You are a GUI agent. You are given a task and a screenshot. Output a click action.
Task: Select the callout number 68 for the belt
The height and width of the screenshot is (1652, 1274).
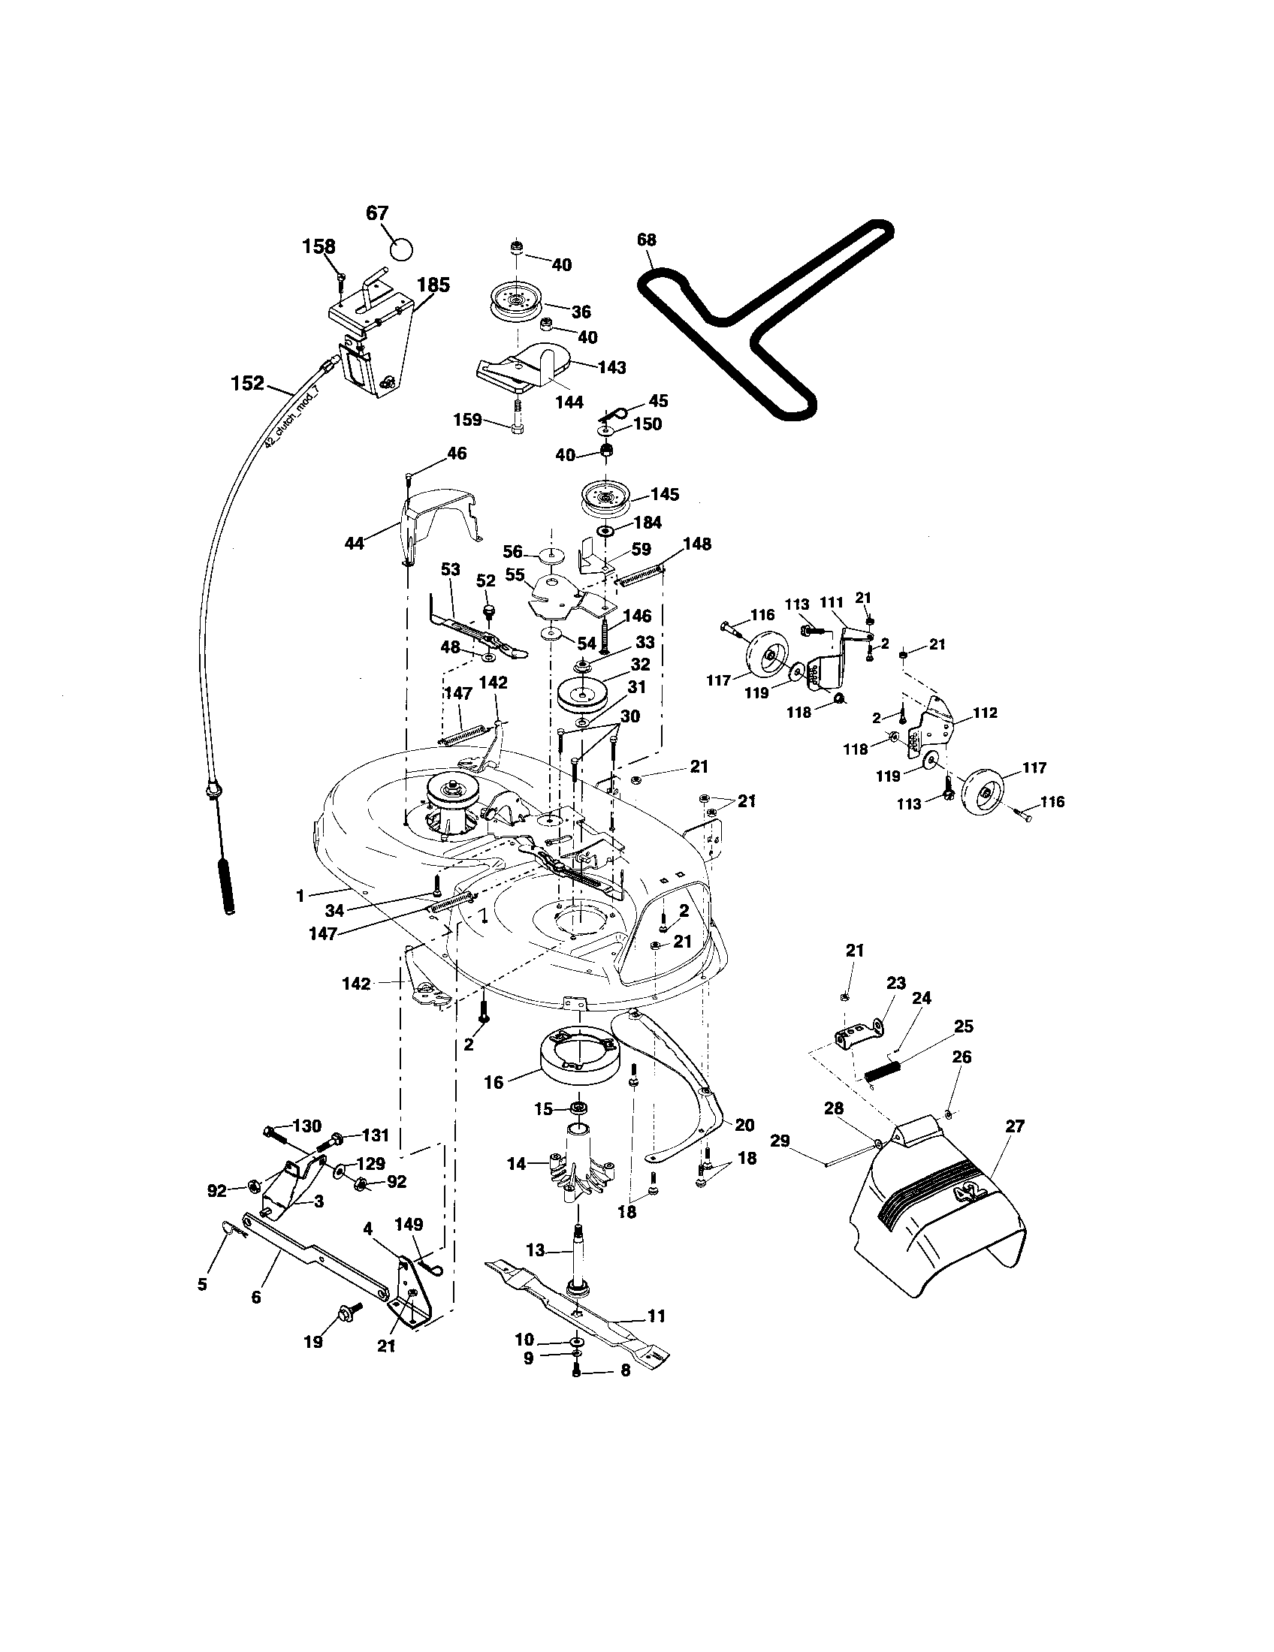coord(647,240)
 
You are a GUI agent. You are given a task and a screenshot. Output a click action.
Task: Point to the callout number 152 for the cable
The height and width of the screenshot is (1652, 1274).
coord(247,384)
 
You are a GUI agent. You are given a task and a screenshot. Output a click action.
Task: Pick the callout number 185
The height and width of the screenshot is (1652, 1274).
coord(433,285)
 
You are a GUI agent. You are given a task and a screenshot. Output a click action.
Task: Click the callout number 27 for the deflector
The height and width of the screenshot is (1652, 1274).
coord(1015,1126)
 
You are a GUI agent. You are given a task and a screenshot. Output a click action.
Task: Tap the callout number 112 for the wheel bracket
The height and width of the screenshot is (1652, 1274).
coord(986,713)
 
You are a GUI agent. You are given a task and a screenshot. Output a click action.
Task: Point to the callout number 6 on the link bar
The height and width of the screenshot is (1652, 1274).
coord(255,1297)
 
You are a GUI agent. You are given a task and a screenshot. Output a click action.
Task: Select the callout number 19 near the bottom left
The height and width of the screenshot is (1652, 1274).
coord(313,1342)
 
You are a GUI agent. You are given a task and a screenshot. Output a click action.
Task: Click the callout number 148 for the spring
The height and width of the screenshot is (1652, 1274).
coord(697,544)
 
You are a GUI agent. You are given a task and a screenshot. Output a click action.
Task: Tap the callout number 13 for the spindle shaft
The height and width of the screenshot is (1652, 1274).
coord(535,1250)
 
